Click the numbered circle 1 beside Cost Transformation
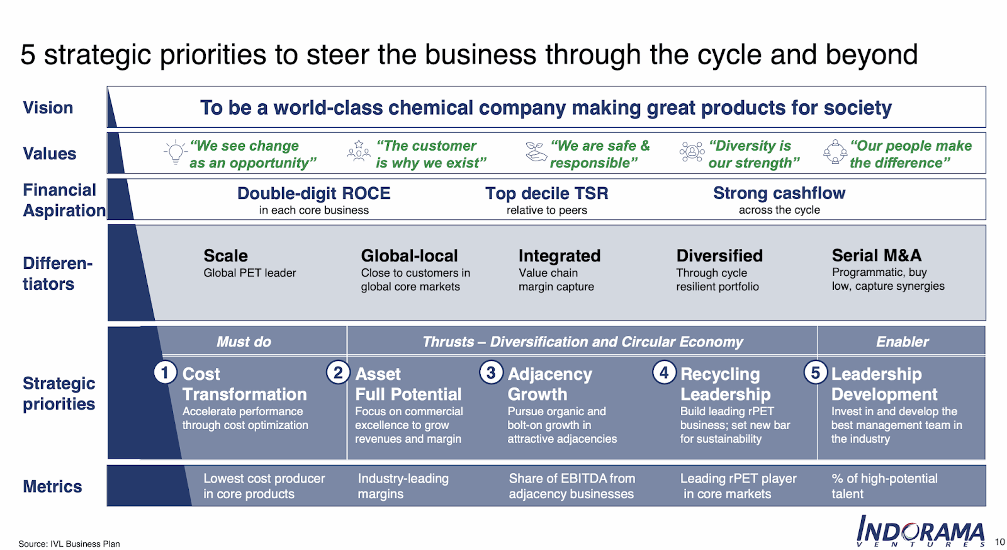tap(165, 373)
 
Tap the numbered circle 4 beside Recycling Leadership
tap(664, 373)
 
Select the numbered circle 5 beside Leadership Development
tap(816, 373)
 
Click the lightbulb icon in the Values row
tap(176, 152)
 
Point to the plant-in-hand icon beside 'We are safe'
tap(536, 152)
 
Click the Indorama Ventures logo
tap(920, 531)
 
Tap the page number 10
tap(999, 542)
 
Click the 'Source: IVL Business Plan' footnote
tap(69, 544)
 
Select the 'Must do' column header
tap(244, 341)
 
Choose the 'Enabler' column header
tap(903, 341)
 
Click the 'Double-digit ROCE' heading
tap(314, 193)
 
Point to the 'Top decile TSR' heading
tap(547, 193)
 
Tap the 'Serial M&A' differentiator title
tap(877, 255)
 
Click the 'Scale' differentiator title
tap(226, 256)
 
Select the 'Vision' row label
tap(48, 108)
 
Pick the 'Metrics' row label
tap(52, 486)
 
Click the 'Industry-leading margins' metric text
tap(403, 486)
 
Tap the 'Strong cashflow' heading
tap(779, 193)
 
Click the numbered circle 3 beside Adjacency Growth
tap(491, 373)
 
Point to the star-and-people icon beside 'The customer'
tap(359, 151)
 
